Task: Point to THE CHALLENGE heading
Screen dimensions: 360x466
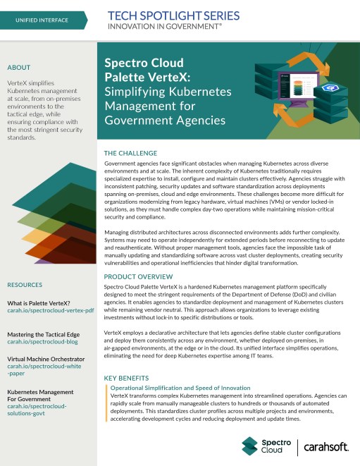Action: (x=131, y=152)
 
